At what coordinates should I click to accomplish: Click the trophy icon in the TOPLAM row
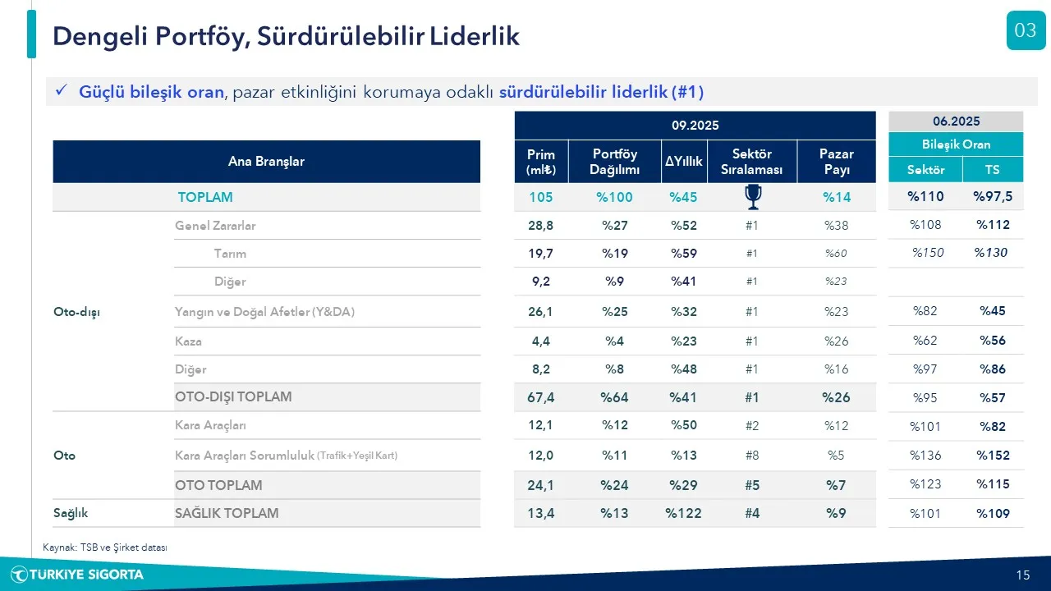click(x=752, y=197)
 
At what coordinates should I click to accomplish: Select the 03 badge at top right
click(x=1026, y=31)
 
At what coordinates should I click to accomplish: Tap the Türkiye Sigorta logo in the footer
click(x=77, y=575)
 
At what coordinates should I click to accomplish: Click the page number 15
click(x=1022, y=575)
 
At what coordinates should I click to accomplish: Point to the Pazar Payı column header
click(x=836, y=162)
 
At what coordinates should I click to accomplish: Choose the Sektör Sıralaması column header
click(x=752, y=162)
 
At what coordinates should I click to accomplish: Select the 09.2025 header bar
click(x=695, y=125)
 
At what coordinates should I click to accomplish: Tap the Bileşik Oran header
click(x=957, y=144)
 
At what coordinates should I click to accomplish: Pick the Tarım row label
click(x=230, y=254)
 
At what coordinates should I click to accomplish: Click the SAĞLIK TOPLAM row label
click(x=227, y=513)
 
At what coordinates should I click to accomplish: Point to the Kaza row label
click(x=188, y=341)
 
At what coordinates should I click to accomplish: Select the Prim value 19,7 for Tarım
click(x=541, y=254)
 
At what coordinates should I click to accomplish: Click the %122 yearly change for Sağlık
click(x=683, y=513)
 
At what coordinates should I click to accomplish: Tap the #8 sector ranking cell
click(x=752, y=455)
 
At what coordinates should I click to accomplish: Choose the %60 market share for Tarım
click(x=836, y=254)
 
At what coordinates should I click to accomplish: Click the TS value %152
click(x=993, y=455)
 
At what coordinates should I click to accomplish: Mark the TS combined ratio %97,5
click(x=993, y=197)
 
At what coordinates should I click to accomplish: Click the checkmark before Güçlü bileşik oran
click(x=61, y=92)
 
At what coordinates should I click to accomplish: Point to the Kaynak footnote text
click(x=105, y=547)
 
